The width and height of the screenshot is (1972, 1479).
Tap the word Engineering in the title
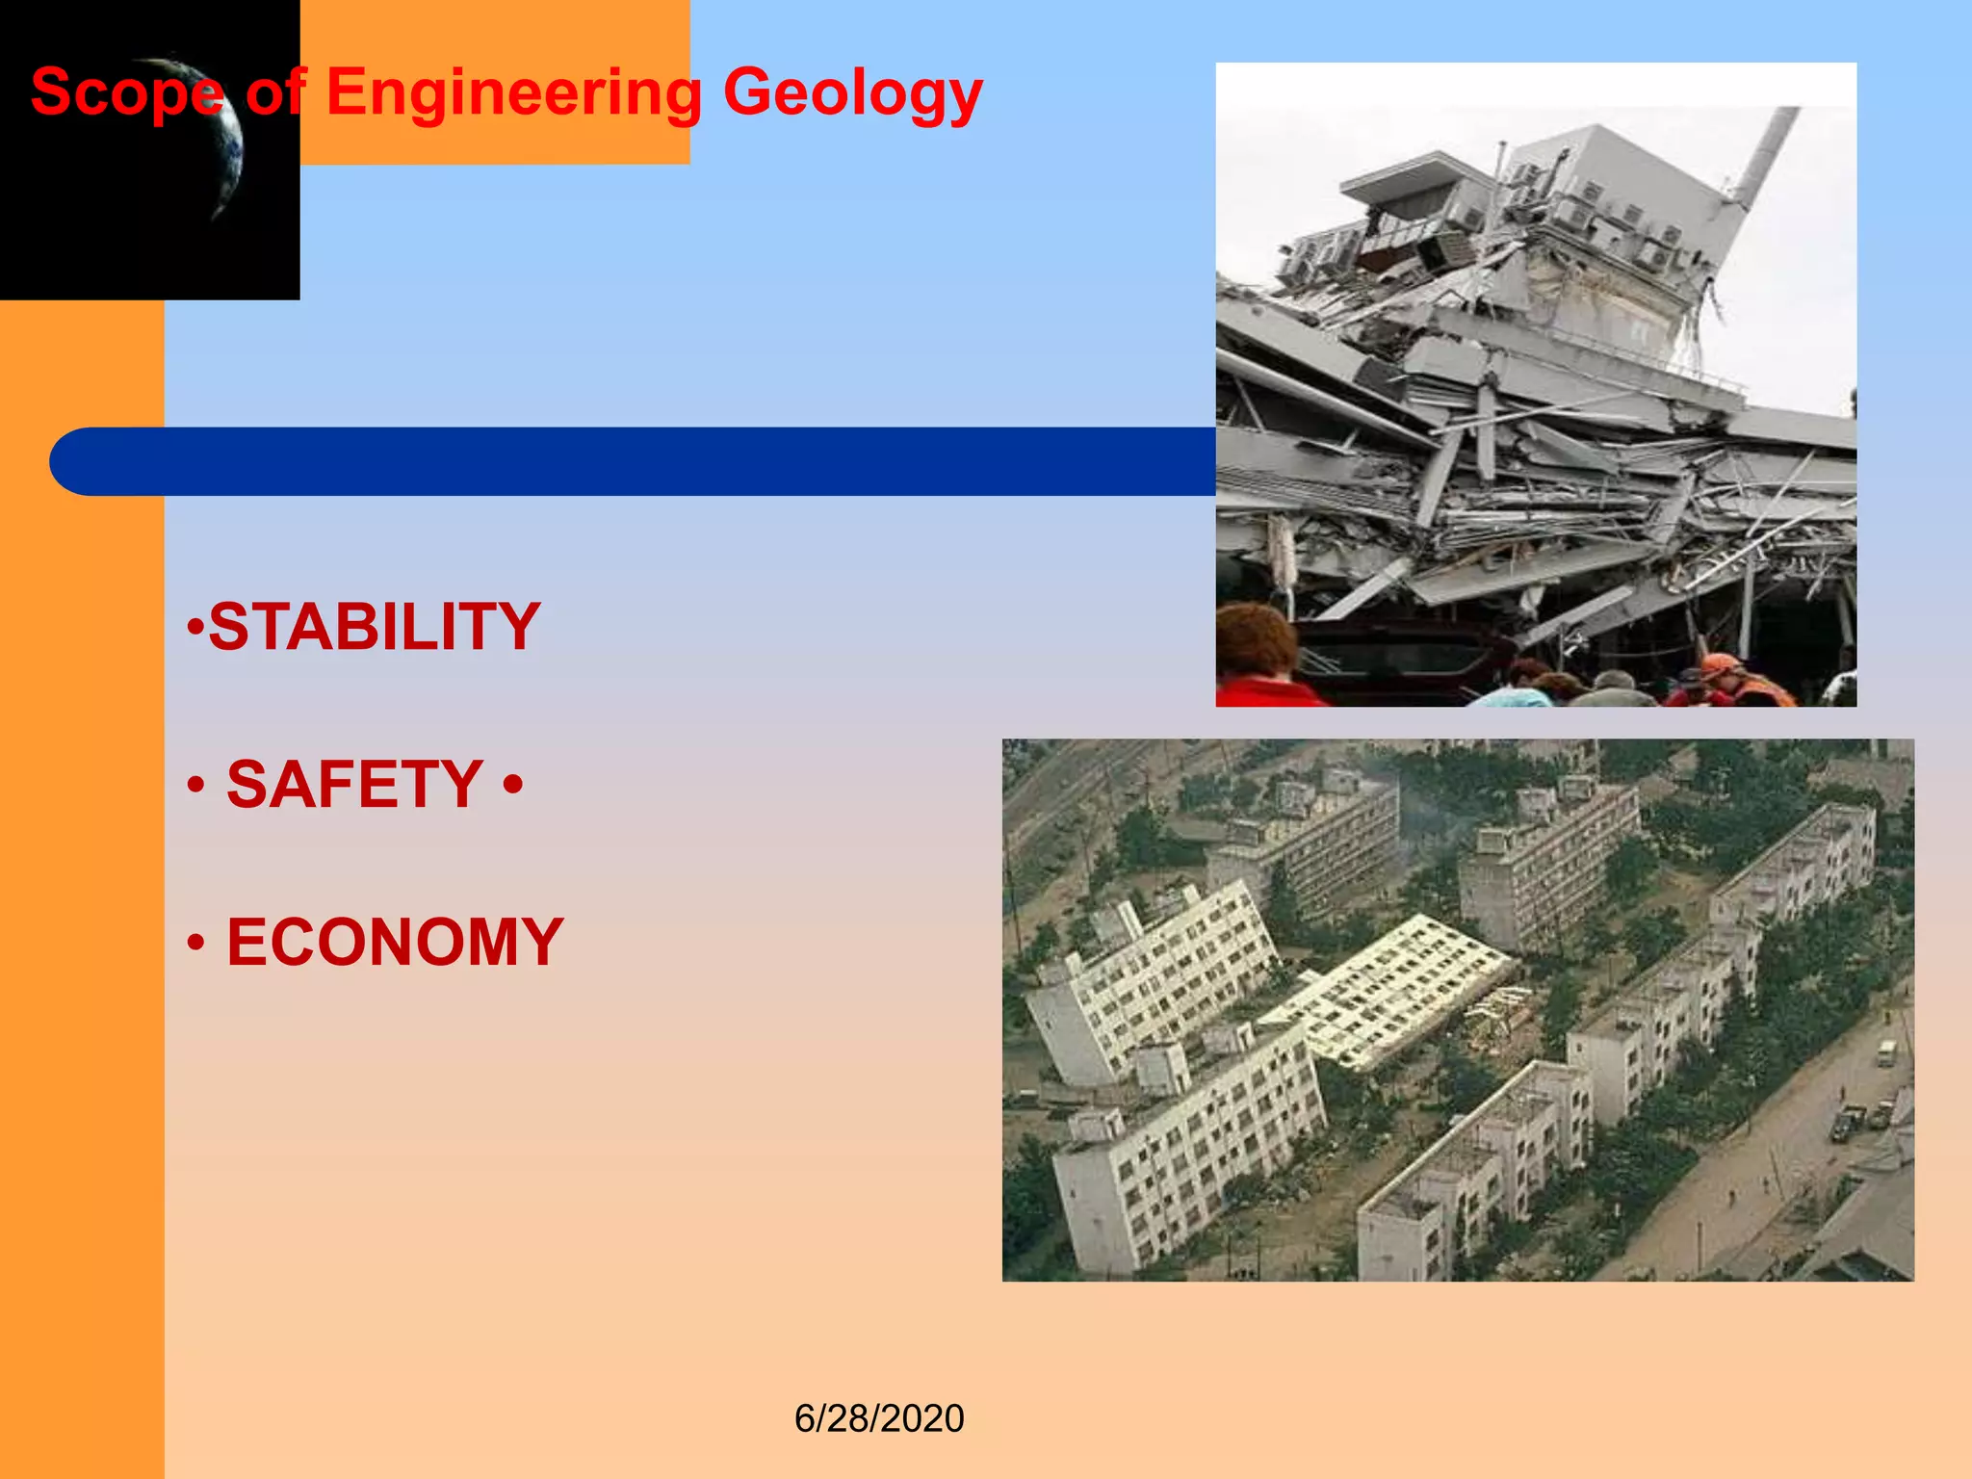pyautogui.click(x=514, y=93)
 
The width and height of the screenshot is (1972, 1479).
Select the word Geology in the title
pyautogui.click(x=852, y=93)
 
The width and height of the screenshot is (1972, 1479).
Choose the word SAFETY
pyautogui.click(x=354, y=784)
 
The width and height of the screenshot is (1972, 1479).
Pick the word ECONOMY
pyautogui.click(x=395, y=942)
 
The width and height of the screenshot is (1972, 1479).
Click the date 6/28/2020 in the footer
pyautogui.click(x=878, y=1418)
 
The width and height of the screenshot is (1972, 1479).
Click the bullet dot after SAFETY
pyautogui.click(x=513, y=783)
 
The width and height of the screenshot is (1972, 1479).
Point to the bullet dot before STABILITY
pyautogui.click(x=195, y=628)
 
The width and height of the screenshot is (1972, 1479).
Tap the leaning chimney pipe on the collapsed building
pyautogui.click(x=1767, y=154)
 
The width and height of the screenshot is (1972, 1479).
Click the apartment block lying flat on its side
pyautogui.click(x=1387, y=992)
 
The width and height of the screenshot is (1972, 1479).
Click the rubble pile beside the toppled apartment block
pyautogui.click(x=1497, y=1011)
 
